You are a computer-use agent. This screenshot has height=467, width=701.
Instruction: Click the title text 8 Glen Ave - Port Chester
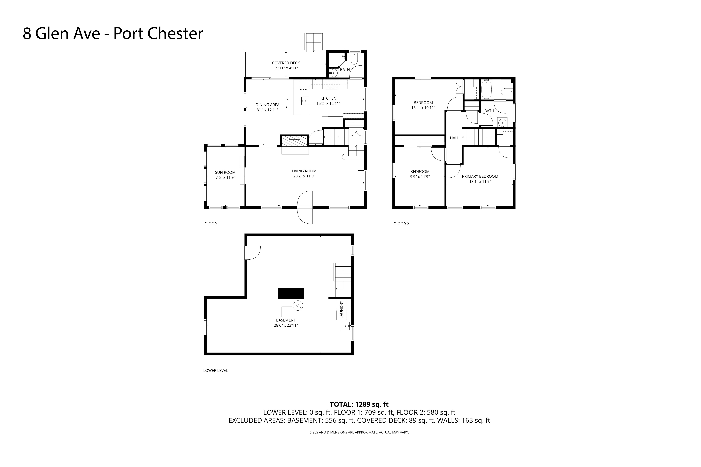click(x=113, y=33)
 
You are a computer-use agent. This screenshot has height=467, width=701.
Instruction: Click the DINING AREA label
click(x=267, y=105)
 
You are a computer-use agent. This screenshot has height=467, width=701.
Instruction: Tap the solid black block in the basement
click(x=291, y=293)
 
